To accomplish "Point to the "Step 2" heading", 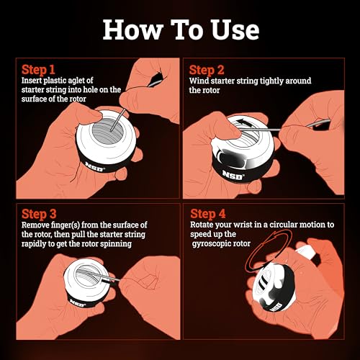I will (207, 70).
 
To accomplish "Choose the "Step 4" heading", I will (207, 213).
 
